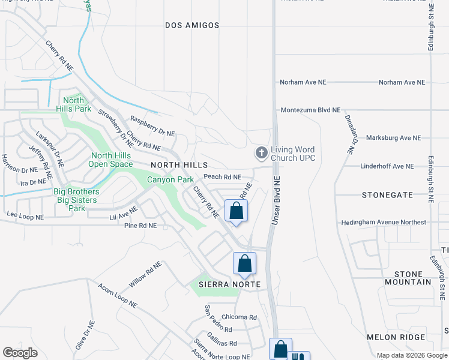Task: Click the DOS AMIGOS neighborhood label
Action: [192, 25]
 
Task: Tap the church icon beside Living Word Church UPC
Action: [261, 153]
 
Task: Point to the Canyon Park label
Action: [170, 179]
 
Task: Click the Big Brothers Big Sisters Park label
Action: [77, 200]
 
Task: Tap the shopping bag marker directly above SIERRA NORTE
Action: [244, 263]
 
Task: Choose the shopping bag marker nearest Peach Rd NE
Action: [236, 211]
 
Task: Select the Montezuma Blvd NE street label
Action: [310, 110]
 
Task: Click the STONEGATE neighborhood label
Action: [388, 195]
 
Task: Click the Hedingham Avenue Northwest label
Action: [383, 222]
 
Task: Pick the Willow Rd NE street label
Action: [145, 274]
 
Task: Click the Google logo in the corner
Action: [20, 352]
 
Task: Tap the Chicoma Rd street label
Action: [239, 317]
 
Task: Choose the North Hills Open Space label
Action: [110, 159]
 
